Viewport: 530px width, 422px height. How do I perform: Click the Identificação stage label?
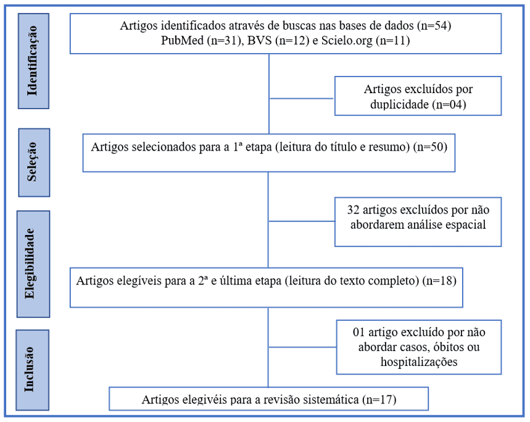click(33, 61)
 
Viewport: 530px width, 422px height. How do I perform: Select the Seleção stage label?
click(32, 162)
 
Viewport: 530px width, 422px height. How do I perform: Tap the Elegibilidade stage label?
click(30, 264)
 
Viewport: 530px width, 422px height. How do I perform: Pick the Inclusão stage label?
click(30, 370)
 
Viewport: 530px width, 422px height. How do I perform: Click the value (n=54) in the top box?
click(434, 26)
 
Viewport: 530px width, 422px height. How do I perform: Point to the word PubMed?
click(182, 40)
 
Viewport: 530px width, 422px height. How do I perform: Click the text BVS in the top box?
click(259, 40)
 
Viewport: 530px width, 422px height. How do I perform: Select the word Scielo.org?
click(347, 40)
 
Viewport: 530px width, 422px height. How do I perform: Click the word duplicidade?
click(400, 104)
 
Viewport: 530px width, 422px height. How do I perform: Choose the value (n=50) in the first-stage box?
click(430, 147)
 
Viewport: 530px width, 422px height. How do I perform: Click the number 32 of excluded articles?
click(353, 210)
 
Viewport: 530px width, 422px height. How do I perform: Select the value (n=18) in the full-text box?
click(439, 281)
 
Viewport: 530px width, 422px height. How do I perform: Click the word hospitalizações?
click(419, 362)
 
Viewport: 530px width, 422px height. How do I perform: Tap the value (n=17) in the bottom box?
click(379, 400)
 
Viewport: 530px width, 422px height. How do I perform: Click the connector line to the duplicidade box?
click(302, 99)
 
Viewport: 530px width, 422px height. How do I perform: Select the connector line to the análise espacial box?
click(302, 221)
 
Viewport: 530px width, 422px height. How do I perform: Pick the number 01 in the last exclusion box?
click(358, 332)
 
